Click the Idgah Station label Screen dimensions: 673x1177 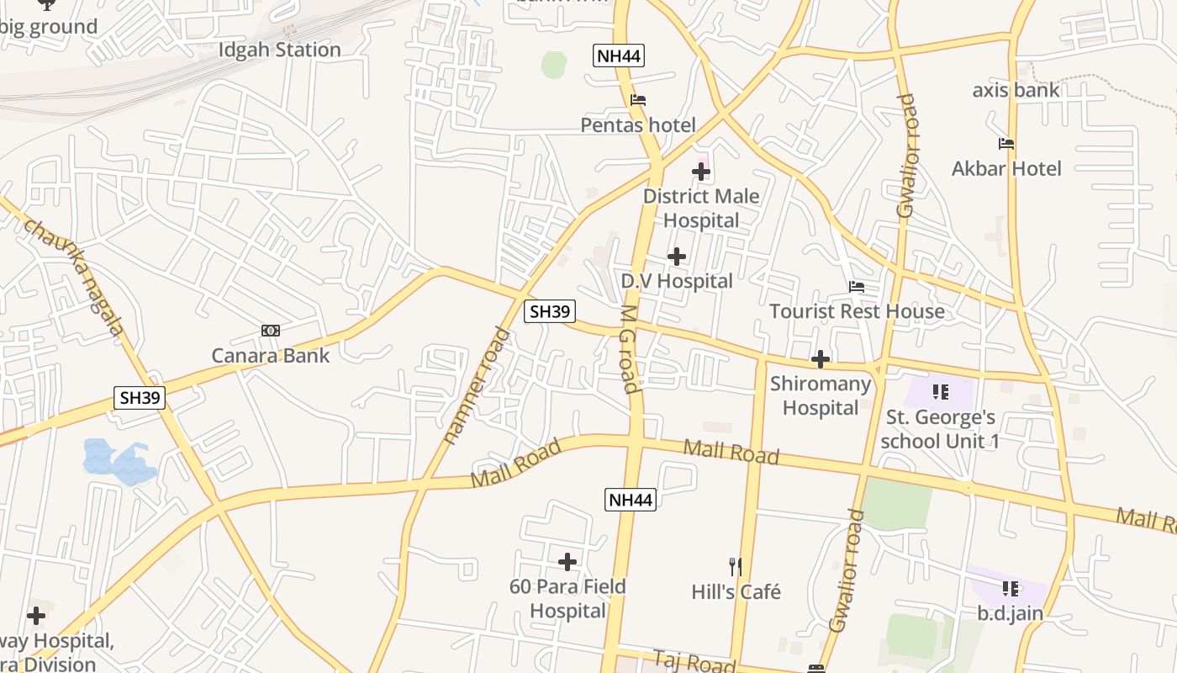tap(279, 50)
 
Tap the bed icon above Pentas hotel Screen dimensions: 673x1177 tap(638, 100)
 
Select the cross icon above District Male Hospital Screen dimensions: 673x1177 tap(700, 172)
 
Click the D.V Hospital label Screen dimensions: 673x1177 tap(677, 281)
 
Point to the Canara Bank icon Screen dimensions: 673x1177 tap(271, 331)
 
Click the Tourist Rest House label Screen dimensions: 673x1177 tap(857, 311)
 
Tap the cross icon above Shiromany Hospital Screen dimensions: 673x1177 tap(820, 360)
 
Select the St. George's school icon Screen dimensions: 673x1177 tap(940, 392)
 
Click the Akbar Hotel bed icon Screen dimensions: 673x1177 tap(1006, 144)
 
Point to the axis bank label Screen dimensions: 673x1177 tap(1016, 90)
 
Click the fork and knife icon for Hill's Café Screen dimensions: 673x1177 tap(736, 567)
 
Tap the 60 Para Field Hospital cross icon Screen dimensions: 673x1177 tap(567, 562)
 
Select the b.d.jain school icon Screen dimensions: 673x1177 tap(1010, 589)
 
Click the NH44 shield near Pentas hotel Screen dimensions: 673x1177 tap(619, 56)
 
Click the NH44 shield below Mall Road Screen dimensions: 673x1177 tap(630, 500)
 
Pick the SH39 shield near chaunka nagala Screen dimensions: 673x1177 tap(140, 398)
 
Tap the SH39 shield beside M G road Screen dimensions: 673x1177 tap(550, 311)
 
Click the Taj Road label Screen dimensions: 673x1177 tap(694, 662)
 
